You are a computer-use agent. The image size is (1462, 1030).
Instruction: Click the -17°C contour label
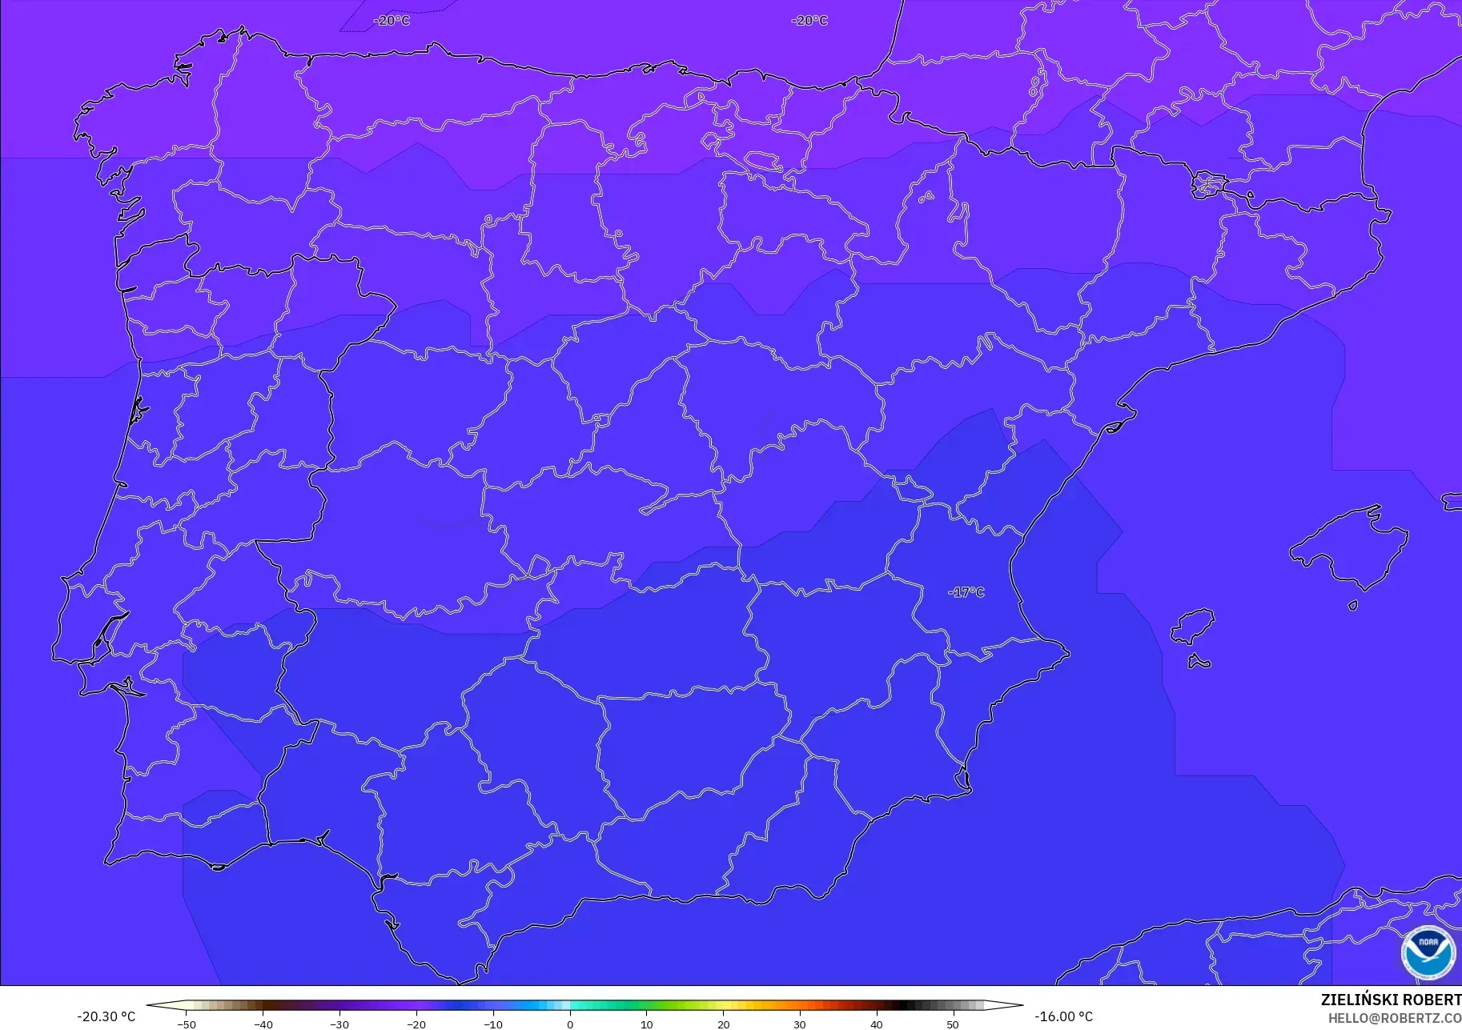coord(966,592)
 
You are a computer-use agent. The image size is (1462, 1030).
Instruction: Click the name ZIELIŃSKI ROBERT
coord(1391,1000)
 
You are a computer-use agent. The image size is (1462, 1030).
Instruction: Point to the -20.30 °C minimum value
coord(106,1016)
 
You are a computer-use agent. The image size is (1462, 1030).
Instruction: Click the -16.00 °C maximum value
coord(1063,1016)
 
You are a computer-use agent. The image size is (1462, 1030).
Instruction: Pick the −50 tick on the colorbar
coord(186,1024)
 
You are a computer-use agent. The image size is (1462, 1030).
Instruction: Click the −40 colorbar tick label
coord(263,1024)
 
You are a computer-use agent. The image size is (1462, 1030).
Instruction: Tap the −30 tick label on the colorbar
coord(339,1024)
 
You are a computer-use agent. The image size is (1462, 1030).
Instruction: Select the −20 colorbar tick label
coord(416,1024)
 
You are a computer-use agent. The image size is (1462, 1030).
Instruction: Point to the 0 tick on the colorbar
coord(570,1024)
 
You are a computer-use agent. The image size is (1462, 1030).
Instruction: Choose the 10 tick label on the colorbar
coord(646,1024)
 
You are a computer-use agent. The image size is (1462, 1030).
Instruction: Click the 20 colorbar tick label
coord(723,1024)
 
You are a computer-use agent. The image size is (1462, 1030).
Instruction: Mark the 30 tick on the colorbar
coord(800,1024)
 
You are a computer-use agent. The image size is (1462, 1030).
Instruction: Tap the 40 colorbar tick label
coord(877,1024)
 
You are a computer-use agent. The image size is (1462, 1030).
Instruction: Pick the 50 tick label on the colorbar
coord(953,1024)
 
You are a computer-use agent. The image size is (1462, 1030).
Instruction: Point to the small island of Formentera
coord(1199,661)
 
